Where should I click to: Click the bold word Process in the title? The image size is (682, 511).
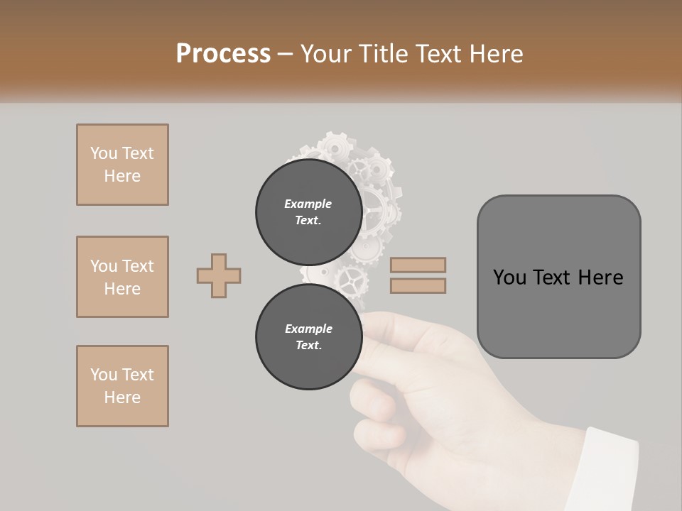(x=223, y=54)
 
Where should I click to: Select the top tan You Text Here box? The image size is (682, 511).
(x=122, y=165)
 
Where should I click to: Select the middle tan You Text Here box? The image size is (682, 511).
(x=122, y=277)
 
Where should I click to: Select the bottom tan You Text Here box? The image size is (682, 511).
(x=122, y=386)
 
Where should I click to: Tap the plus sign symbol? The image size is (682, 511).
(x=219, y=275)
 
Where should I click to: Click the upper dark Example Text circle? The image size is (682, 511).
(x=308, y=211)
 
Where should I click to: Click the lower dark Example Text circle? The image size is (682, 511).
(x=308, y=336)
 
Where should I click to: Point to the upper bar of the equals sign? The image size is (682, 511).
(x=418, y=265)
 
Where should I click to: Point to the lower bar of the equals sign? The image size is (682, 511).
(x=418, y=285)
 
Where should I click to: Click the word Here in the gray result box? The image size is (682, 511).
(x=600, y=278)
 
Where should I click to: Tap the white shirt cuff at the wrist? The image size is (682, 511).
(x=604, y=468)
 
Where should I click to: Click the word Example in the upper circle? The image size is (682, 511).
(x=308, y=204)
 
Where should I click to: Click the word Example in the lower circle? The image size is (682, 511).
(x=308, y=329)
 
